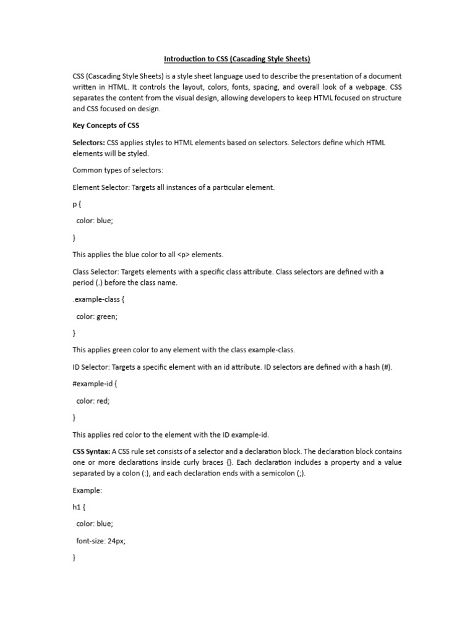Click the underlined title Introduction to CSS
point(237,59)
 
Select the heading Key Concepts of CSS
point(106,125)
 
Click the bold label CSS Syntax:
point(92,452)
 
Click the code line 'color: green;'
point(96,316)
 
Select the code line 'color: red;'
point(93,401)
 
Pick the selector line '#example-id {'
point(95,384)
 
